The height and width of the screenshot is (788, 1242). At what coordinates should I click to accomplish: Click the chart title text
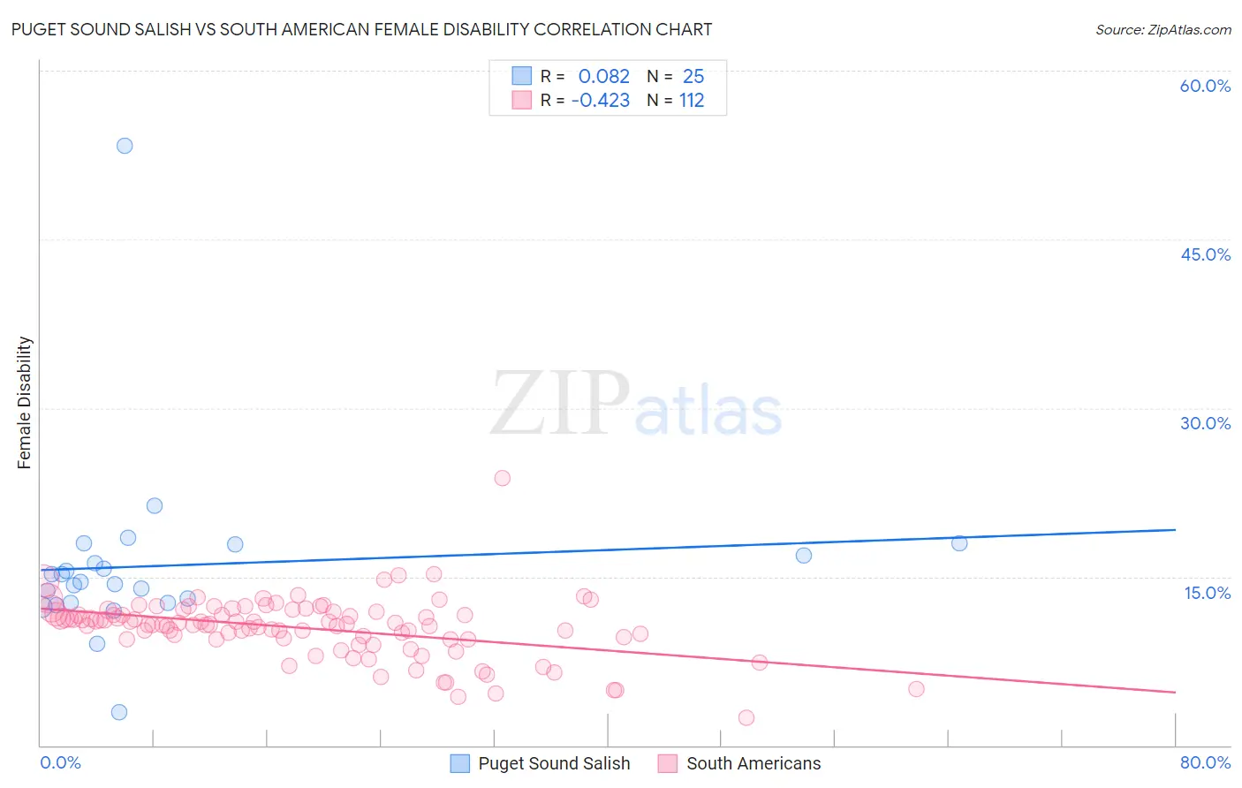point(361,30)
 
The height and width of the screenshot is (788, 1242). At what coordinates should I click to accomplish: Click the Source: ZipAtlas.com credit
point(1162,30)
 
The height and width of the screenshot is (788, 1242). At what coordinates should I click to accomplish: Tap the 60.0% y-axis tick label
point(1205,86)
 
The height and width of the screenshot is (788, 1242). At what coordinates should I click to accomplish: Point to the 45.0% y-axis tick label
point(1205,254)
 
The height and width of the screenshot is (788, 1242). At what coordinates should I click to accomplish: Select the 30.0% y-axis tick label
point(1205,423)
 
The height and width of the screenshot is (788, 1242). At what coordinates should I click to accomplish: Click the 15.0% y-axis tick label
point(1207,593)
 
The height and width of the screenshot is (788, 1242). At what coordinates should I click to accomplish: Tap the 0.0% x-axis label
point(60,762)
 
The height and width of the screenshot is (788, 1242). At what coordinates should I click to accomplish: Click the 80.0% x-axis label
point(1205,762)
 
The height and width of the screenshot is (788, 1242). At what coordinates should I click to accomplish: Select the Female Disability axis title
point(25,403)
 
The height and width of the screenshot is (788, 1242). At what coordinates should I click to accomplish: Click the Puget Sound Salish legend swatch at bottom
point(460,763)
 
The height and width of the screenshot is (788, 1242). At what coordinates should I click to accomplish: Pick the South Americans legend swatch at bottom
point(668,763)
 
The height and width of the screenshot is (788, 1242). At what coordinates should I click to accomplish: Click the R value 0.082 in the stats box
point(603,77)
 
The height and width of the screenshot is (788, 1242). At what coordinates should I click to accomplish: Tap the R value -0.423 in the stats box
point(601,101)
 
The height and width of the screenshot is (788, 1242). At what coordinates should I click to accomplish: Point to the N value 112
point(692,101)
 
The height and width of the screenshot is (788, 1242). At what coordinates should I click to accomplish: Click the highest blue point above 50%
point(125,146)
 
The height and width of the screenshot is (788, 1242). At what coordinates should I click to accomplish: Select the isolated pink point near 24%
point(503,478)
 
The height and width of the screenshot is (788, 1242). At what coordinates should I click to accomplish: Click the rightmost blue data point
point(959,543)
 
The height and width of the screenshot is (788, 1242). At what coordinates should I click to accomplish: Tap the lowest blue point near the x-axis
point(119,712)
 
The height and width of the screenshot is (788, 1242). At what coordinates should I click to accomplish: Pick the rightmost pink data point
point(916,689)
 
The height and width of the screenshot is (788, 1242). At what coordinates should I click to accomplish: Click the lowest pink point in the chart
point(746,718)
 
